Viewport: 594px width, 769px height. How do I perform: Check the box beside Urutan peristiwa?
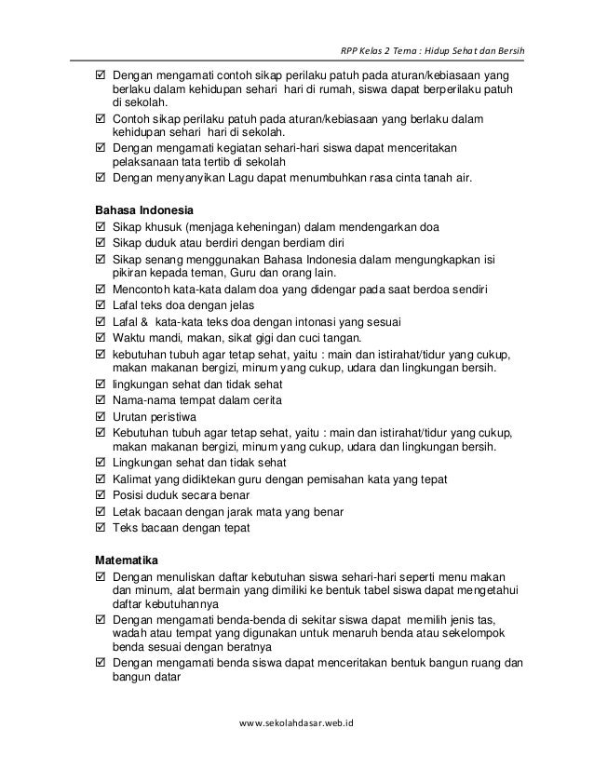101,416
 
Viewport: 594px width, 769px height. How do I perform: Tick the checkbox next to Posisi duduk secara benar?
101,495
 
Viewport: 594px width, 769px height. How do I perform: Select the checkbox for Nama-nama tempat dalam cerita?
101,400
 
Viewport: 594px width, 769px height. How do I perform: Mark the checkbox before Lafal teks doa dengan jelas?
101,305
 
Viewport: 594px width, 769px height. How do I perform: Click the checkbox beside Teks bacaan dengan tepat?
101,527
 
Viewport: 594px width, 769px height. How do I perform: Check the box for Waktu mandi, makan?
101,337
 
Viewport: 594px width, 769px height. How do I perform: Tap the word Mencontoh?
142,290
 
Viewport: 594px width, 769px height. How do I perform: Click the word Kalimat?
135,479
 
